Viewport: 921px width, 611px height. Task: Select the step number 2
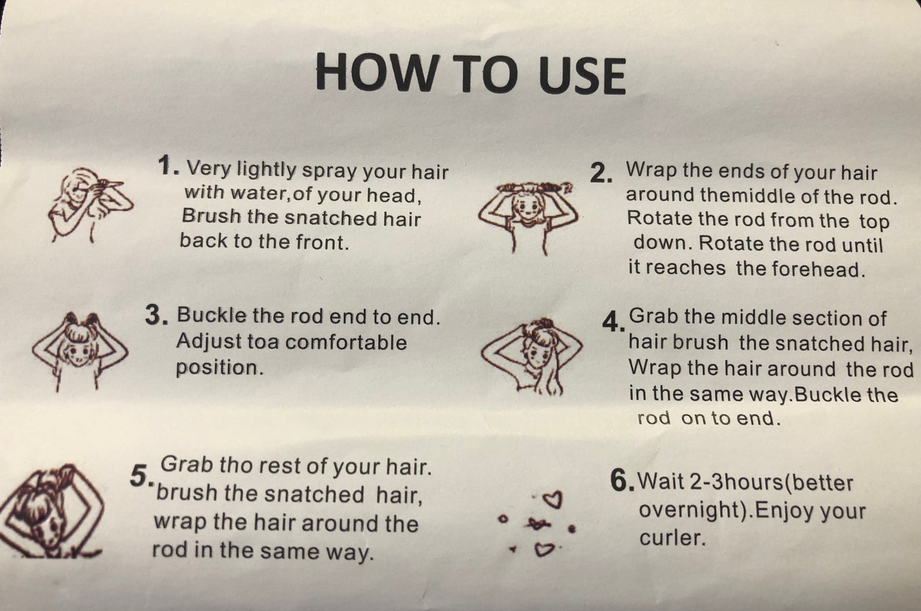600,173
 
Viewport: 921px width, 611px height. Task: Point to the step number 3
156,315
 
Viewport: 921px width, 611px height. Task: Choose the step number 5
142,476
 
